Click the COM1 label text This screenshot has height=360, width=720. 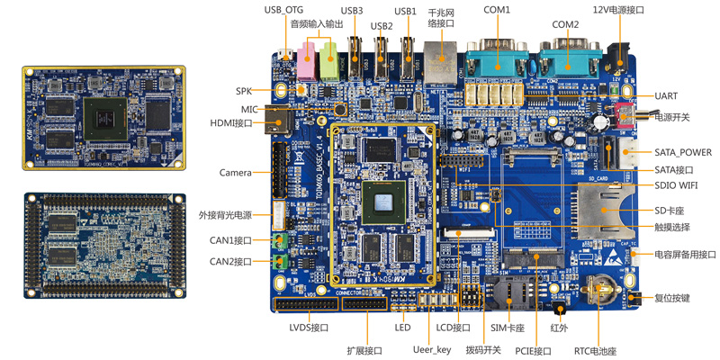point(496,10)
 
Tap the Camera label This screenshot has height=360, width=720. point(235,172)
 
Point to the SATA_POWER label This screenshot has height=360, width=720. point(682,152)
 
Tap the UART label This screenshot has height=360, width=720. point(667,96)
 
